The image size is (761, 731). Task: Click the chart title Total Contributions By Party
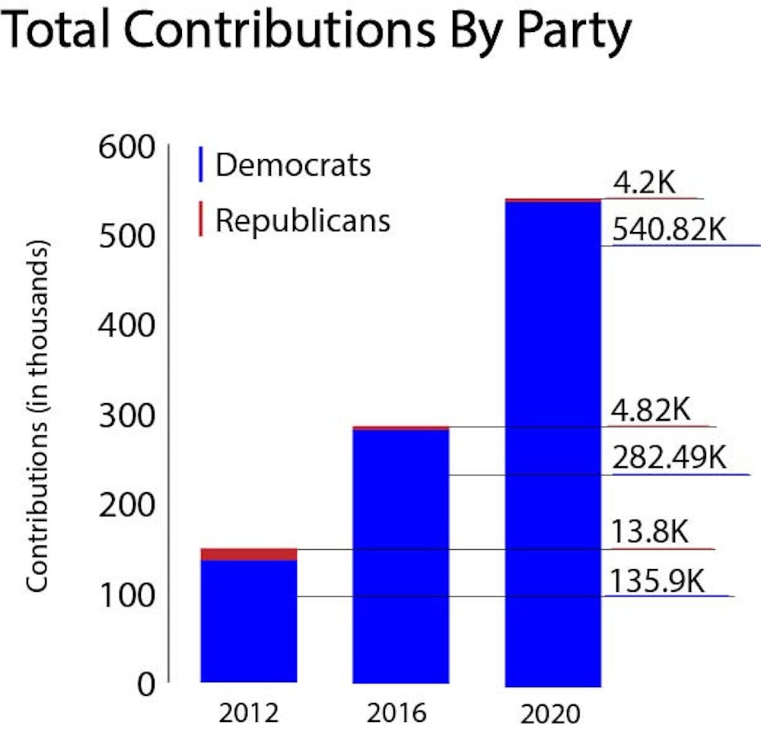click(x=318, y=32)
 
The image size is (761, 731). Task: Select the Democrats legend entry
click(x=293, y=164)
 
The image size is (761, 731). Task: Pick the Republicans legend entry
click(x=302, y=220)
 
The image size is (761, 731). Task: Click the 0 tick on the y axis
click(x=145, y=685)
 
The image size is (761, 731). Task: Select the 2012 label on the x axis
click(x=247, y=714)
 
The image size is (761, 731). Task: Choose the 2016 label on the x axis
click(x=397, y=714)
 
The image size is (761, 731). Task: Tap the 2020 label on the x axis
click(x=551, y=714)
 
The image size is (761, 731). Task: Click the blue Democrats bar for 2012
click(x=249, y=621)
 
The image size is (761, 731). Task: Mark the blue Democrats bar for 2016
click(x=401, y=556)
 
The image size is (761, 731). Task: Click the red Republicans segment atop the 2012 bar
click(x=249, y=554)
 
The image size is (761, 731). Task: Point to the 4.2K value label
click(x=645, y=183)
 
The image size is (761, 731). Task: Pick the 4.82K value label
click(x=651, y=411)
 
